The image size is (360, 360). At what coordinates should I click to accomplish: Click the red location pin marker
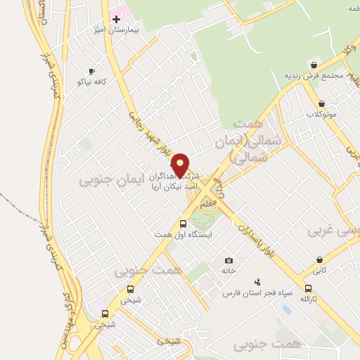pos(181,165)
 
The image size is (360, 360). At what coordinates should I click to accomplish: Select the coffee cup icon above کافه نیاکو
pos(91,71)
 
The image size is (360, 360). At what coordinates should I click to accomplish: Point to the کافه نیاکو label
pos(91,82)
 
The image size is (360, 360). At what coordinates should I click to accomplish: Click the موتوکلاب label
pos(321,113)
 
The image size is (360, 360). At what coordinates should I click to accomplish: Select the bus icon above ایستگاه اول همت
pos(184,224)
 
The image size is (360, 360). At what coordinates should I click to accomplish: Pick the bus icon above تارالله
pos(308,288)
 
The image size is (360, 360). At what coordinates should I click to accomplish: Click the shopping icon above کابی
pos(320,259)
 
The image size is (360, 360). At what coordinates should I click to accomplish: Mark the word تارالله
pos(308,300)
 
